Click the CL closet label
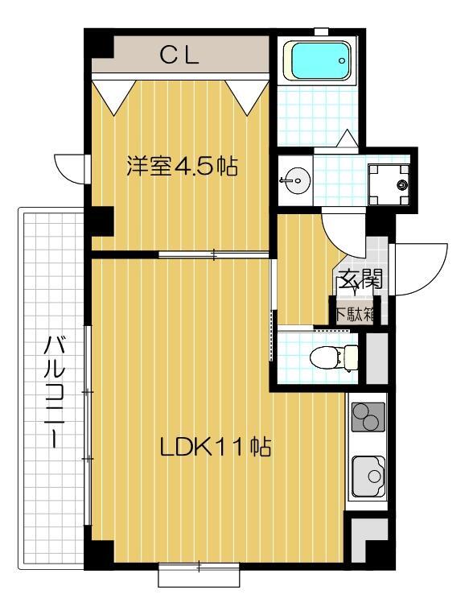click(x=179, y=56)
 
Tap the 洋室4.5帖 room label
click(x=181, y=167)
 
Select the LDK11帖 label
click(x=214, y=446)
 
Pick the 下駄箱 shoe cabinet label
click(x=354, y=312)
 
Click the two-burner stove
click(x=368, y=416)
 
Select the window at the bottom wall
click(x=197, y=575)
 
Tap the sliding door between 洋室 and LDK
click(x=213, y=255)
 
